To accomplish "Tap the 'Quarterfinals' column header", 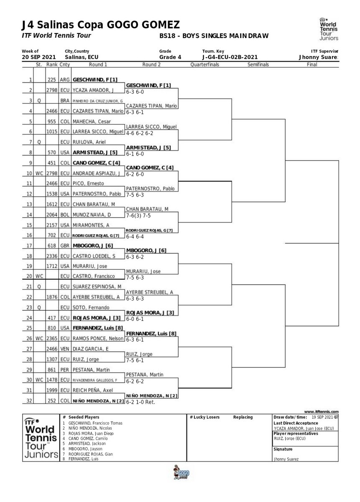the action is (x=204, y=65).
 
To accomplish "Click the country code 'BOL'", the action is (x=64, y=215).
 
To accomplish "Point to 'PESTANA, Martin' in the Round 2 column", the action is (x=145, y=374).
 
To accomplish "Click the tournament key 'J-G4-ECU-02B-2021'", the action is (x=230, y=57).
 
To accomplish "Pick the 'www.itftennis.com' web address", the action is (x=322, y=412).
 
